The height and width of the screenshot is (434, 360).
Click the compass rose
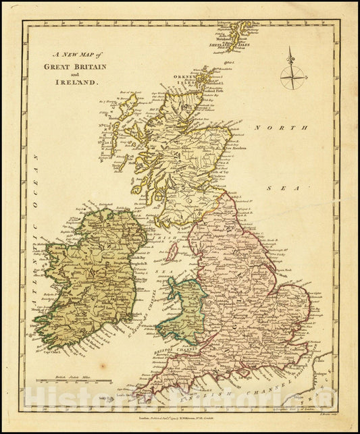pos(292,70)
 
